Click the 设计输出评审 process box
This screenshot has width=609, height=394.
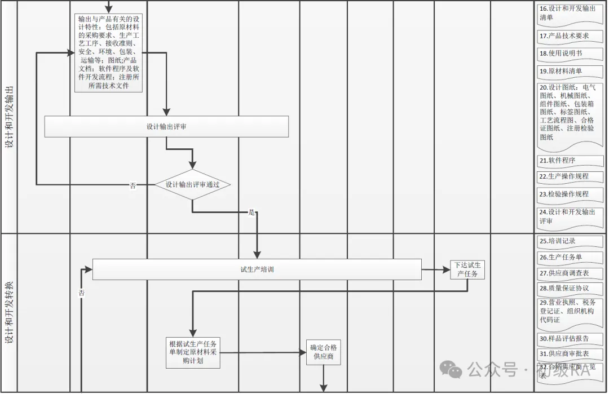[166, 127]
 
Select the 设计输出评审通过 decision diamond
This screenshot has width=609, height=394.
[192, 185]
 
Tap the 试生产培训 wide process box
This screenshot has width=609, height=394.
[257, 269]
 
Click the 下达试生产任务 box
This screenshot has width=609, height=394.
[467, 269]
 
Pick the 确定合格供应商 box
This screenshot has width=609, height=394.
[324, 352]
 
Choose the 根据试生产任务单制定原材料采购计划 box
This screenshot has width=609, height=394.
[193, 352]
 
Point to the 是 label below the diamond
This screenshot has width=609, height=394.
[251, 213]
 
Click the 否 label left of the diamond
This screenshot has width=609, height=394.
[133, 185]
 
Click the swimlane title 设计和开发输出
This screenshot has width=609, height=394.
[9, 117]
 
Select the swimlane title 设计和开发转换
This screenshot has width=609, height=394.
[9, 313]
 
